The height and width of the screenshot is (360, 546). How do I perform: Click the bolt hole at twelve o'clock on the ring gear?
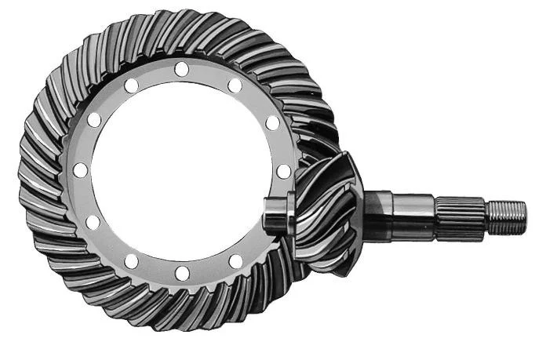pos(182,70)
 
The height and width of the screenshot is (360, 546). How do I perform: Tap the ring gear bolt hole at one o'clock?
pos(235,85)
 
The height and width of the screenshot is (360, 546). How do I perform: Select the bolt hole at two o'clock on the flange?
pos(272,122)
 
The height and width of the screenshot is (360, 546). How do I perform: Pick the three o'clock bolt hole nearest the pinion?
pos(284,171)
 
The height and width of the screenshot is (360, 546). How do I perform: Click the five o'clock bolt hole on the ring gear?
pos(235,260)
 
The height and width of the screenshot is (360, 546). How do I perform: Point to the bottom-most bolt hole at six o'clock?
pos(182,273)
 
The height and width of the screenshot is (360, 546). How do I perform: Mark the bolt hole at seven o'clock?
pos(131,260)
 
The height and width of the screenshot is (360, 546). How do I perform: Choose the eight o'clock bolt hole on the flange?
pos(93,223)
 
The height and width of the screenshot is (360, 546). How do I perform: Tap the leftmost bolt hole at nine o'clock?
pos(80,171)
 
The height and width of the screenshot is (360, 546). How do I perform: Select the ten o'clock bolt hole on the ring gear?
pos(94,120)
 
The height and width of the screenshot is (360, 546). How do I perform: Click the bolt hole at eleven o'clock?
pos(131,84)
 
